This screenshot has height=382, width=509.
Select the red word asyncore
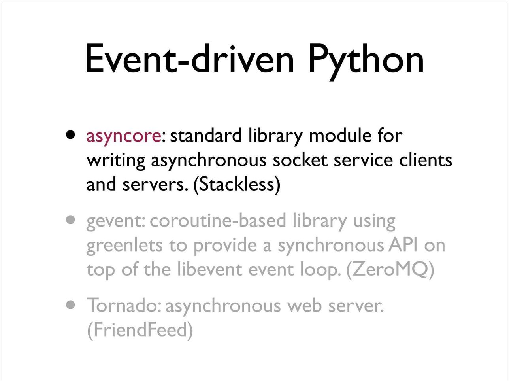pos(124,137)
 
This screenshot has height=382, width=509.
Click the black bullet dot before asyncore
pos(70,135)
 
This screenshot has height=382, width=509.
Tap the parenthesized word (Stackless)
pos(237,185)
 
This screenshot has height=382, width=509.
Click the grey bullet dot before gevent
pos(70,220)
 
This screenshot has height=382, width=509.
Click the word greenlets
pos(124,246)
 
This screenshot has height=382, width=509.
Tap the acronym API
pos(403,245)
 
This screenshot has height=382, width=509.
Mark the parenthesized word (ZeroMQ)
pos(390,270)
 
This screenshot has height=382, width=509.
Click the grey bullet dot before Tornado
pos(70,305)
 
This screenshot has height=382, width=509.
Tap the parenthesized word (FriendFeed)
pos(140,330)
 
